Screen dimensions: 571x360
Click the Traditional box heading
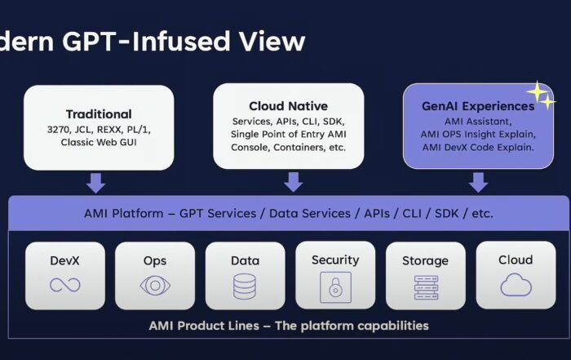pyautogui.click(x=99, y=114)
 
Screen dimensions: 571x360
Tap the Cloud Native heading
pyautogui.click(x=289, y=106)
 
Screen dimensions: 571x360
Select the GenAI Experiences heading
pyautogui.click(x=478, y=106)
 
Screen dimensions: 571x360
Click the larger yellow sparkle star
pyautogui.click(x=537, y=91)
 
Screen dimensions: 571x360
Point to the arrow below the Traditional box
pyautogui.click(x=95, y=183)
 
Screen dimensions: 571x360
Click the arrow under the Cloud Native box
pyautogui.click(x=293, y=182)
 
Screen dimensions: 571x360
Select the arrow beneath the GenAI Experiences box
pyautogui.click(x=478, y=182)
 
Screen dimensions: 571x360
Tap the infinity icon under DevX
pyautogui.click(x=64, y=285)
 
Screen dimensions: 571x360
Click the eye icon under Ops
pyautogui.click(x=155, y=285)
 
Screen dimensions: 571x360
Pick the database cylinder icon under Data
pyautogui.click(x=245, y=287)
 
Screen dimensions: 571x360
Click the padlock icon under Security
pyautogui.click(x=335, y=287)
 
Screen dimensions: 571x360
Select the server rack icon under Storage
pyautogui.click(x=426, y=287)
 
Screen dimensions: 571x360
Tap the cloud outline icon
pyautogui.click(x=516, y=285)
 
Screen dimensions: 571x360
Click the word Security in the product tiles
pyautogui.click(x=335, y=260)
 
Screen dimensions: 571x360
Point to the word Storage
pyautogui.click(x=425, y=261)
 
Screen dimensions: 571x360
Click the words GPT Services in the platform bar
pyautogui.click(x=218, y=213)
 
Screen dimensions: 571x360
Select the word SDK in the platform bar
pyautogui.click(x=447, y=213)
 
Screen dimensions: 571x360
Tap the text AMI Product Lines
pyautogui.click(x=204, y=326)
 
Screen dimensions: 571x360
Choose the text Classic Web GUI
pyautogui.click(x=99, y=142)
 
